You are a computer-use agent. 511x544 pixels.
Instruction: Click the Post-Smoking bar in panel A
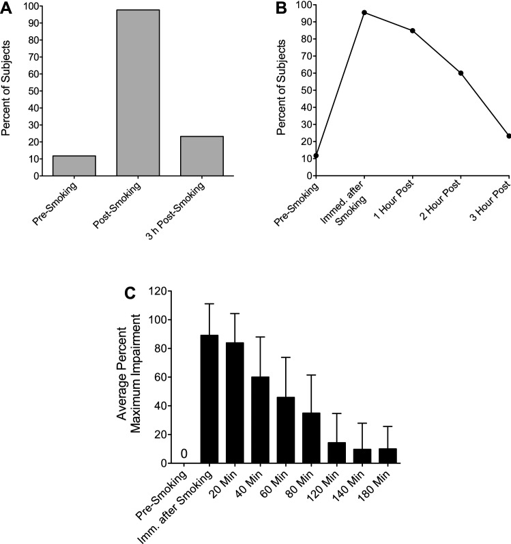[138, 93]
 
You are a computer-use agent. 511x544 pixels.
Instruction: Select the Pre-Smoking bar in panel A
[74, 166]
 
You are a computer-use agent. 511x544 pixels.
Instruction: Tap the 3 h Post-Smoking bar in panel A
[202, 157]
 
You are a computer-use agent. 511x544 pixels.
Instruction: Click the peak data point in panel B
[364, 13]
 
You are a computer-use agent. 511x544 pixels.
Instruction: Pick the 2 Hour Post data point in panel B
[461, 73]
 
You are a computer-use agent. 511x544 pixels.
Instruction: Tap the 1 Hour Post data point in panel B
[413, 31]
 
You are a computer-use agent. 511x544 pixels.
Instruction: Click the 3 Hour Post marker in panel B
[508, 136]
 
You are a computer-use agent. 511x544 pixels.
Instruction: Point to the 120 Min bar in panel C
[338, 453]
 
